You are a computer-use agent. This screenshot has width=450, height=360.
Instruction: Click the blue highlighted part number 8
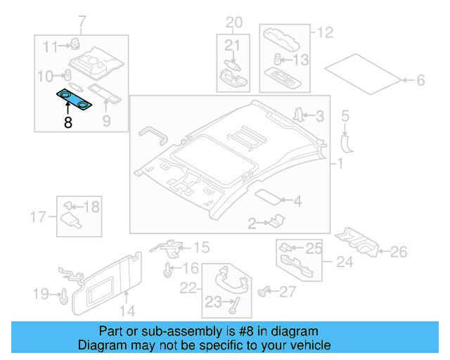(x=74, y=100)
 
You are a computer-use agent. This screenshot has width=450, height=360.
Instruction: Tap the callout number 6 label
(x=420, y=81)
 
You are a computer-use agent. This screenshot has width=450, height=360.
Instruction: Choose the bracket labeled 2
(x=274, y=222)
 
